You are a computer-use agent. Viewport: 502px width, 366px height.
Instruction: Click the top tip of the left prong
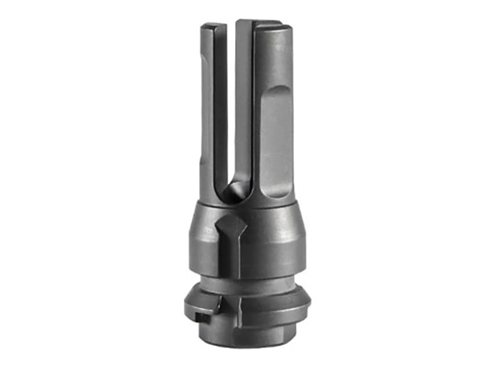click(209, 27)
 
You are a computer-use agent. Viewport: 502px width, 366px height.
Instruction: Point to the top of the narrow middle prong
click(243, 22)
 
